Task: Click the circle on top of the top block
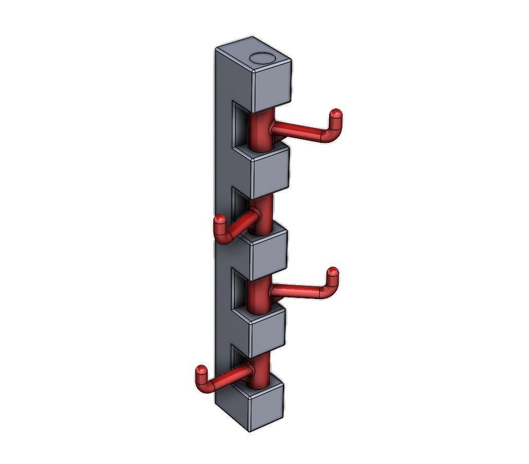[x=264, y=58]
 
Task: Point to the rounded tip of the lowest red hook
[x=201, y=369]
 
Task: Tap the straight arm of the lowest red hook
[x=229, y=378]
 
